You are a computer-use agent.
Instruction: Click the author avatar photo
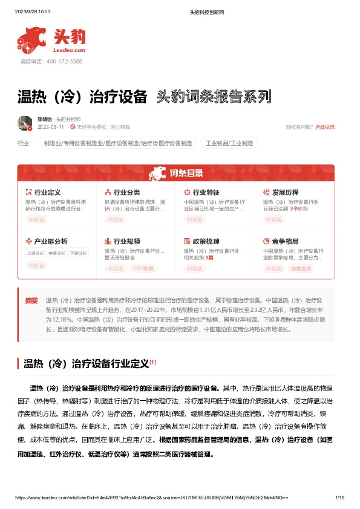pos(25,123)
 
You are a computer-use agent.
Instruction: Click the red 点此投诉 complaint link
pos(324,127)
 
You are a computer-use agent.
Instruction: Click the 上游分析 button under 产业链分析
pos(36,253)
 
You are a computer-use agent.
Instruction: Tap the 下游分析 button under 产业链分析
pos(78,253)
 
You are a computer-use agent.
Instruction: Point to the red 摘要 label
pos(31,300)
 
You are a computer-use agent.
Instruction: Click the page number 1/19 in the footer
pos(339,497)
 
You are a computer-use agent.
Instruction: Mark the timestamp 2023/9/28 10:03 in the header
pos(36,11)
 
